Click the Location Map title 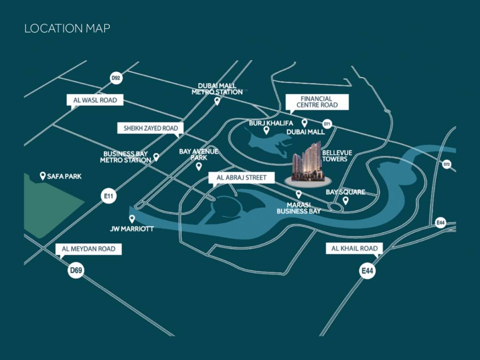[67, 29]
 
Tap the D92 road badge [116, 78]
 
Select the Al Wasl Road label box [95, 100]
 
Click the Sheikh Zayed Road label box [150, 128]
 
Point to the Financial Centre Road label [317, 102]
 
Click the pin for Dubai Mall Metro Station [217, 101]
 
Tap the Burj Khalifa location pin [266, 130]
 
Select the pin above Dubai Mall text [304, 123]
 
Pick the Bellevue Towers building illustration [307, 162]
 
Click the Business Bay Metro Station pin [157, 157]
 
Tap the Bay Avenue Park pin [199, 166]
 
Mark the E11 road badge [107, 196]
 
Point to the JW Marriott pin [132, 218]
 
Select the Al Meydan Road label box [89, 249]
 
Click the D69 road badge [75, 270]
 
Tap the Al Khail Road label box [354, 248]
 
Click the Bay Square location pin [346, 201]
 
